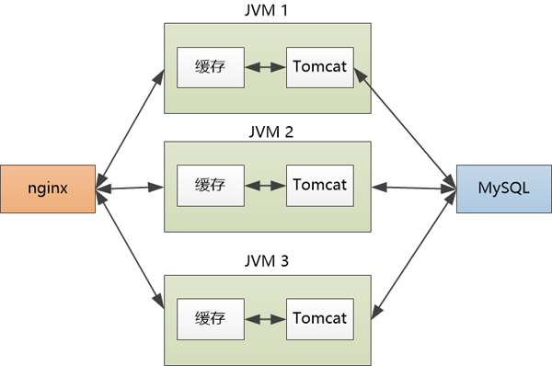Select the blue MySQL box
tap(503, 189)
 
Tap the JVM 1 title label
tap(267, 12)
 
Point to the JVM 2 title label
tap(267, 130)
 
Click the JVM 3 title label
tap(267, 261)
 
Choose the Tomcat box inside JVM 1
tap(319, 67)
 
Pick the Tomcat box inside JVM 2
tap(319, 185)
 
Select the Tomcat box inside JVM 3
tap(319, 318)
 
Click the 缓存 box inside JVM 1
tap(211, 67)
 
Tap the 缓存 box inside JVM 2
tap(211, 185)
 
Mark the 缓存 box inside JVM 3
tap(211, 318)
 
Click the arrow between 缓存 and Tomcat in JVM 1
tap(265, 67)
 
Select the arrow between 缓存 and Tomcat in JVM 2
tap(265, 185)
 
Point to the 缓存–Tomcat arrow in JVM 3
tap(265, 318)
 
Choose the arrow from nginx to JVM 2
tap(130, 188)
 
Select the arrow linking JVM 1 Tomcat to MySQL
tap(405, 122)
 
